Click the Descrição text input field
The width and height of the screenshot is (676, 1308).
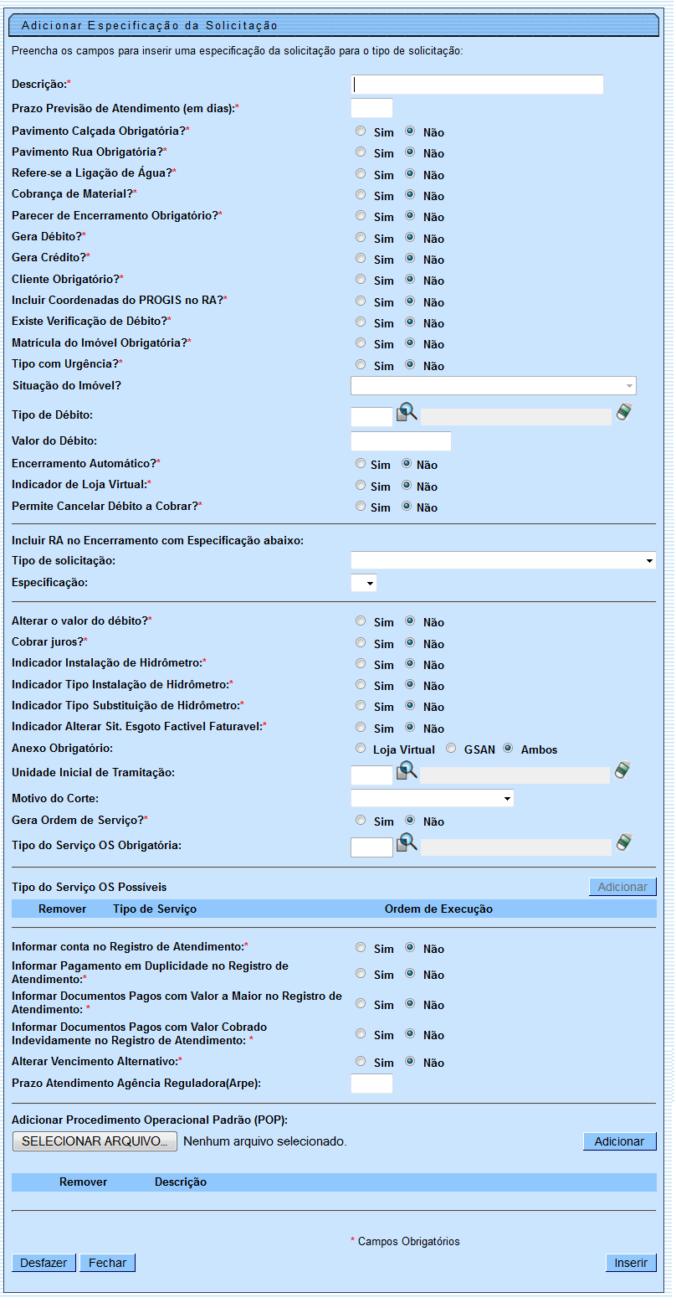pyautogui.click(x=477, y=85)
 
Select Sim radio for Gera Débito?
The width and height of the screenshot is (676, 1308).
pyautogui.click(x=361, y=238)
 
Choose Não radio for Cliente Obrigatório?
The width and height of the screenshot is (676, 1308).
pyautogui.click(x=411, y=280)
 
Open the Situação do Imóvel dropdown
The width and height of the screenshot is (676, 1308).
pyautogui.click(x=493, y=385)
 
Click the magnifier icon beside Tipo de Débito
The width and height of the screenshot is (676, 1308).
pyautogui.click(x=406, y=413)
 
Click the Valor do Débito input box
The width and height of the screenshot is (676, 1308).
pyautogui.click(x=401, y=441)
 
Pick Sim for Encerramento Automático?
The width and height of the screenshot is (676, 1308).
pyautogui.click(x=361, y=464)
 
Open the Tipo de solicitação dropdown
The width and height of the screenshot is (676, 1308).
pyautogui.click(x=503, y=560)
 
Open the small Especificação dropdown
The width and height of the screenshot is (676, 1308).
pyautogui.click(x=364, y=583)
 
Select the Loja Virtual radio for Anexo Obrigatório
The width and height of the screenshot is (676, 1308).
pyautogui.click(x=361, y=749)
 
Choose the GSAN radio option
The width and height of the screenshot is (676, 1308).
pyautogui.click(x=451, y=749)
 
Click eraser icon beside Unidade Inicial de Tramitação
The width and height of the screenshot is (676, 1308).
pyautogui.click(x=622, y=770)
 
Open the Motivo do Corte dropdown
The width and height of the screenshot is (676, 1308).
pyautogui.click(x=432, y=798)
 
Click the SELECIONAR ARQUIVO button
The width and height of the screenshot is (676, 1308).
pyautogui.click(x=95, y=1141)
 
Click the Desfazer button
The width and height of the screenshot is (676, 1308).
pyautogui.click(x=44, y=1263)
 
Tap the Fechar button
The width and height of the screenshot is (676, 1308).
pyautogui.click(x=107, y=1263)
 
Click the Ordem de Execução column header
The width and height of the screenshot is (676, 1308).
pyautogui.click(x=438, y=909)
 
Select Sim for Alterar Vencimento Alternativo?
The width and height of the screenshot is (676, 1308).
pyautogui.click(x=361, y=1062)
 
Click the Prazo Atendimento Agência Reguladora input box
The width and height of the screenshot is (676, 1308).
pyautogui.click(x=371, y=1084)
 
